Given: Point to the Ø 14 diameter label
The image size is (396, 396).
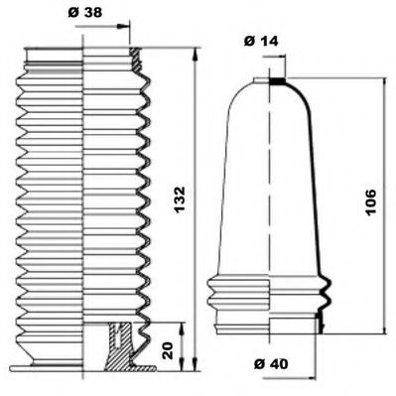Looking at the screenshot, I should [x=260, y=41].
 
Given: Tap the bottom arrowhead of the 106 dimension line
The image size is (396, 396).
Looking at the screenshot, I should [x=382, y=332].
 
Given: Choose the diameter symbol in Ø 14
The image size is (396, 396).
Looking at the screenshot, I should [x=248, y=41].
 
